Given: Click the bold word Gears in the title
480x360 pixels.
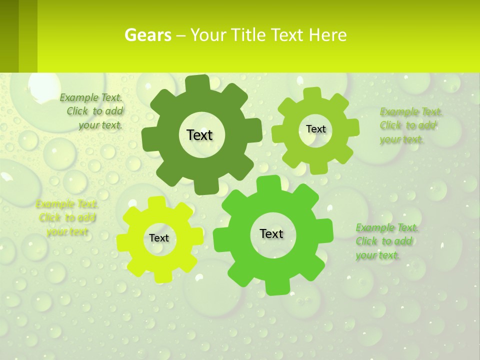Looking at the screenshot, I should pos(148,35).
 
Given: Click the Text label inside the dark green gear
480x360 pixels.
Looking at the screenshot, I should pos(199,135).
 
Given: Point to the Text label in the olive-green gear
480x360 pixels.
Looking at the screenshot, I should pos(315,129).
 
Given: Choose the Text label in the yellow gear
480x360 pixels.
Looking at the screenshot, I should pos(159,238).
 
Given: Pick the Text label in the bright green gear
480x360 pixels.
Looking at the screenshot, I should pos(271,233).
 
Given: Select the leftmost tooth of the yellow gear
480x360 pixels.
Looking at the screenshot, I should pos(123,242).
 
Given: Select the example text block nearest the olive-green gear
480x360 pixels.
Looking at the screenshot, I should pos(409,125).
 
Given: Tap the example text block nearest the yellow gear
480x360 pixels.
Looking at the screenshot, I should pos(67,218).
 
